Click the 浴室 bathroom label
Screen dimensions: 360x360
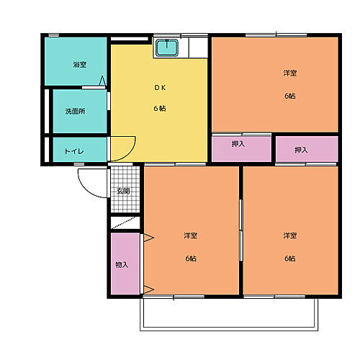pos(79,65)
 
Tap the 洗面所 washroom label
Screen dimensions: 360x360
pos(76,112)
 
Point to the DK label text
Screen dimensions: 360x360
pos(159,88)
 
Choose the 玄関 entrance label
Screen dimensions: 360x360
pos(123,191)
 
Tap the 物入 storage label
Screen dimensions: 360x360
pos(122,264)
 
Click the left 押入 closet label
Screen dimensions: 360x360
pos(238,144)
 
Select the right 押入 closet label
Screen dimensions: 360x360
pos(302,150)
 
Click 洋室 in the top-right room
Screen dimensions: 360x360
pos(289,73)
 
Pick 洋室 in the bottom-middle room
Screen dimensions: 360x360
pos(190,235)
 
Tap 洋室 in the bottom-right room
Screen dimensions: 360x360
pos(289,235)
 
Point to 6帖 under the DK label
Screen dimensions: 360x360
pos(159,109)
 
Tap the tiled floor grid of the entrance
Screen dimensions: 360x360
pos(123,176)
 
